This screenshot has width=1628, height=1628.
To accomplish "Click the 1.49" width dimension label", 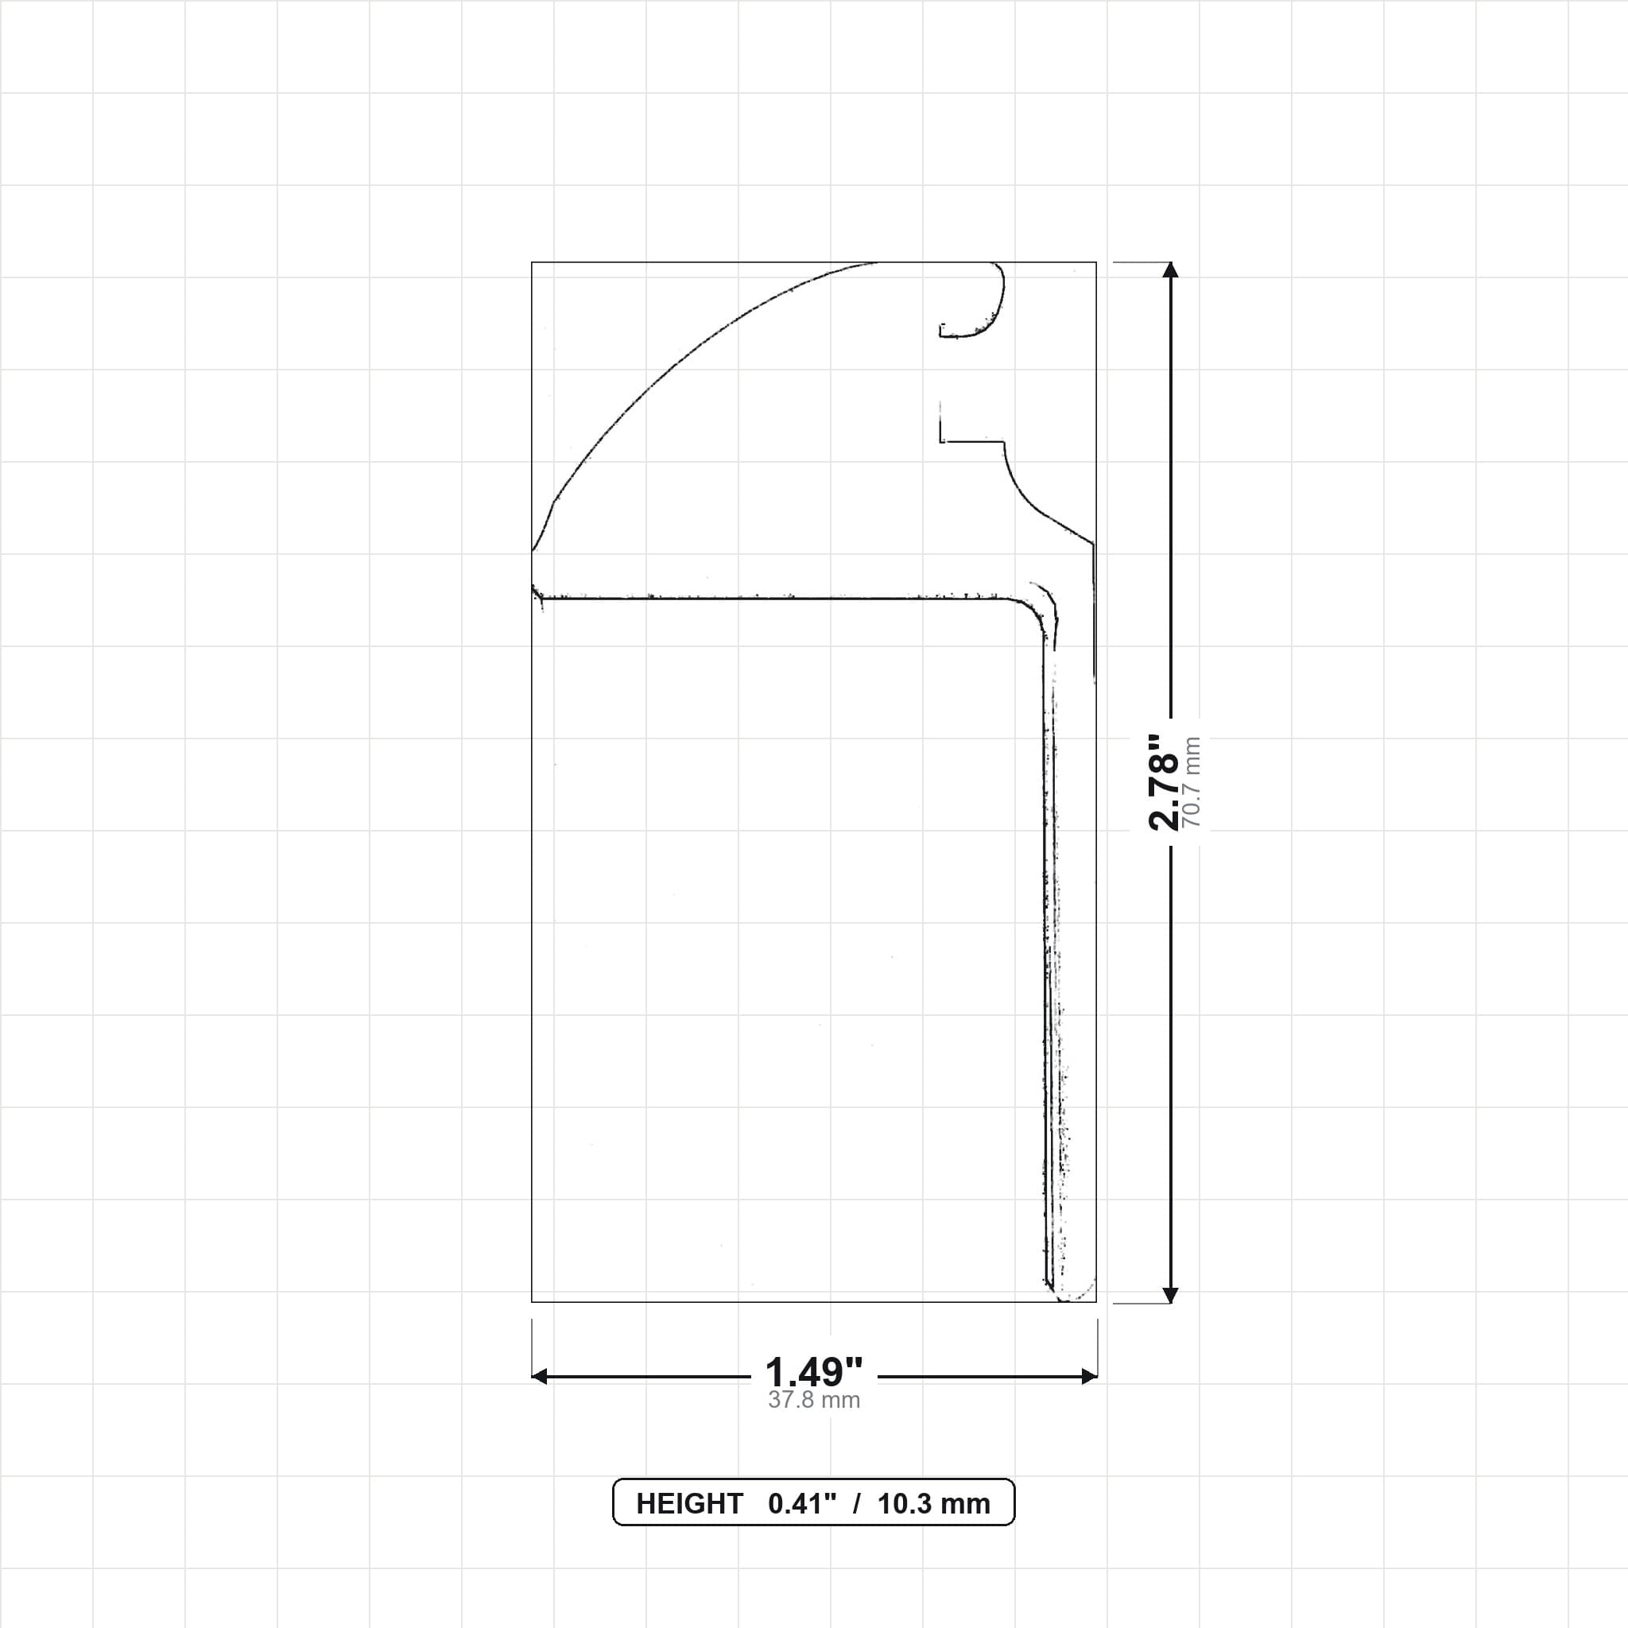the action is pos(813,1373).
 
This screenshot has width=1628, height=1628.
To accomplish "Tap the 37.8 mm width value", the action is pos(814,1401).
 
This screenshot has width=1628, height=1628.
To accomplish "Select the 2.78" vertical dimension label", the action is pos(1164,782).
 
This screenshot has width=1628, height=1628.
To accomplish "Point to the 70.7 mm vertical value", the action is pos(1192,782).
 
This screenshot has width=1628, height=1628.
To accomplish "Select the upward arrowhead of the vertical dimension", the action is pos(1169,269).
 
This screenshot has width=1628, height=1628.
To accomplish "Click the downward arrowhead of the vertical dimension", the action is pos(1169,1295).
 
